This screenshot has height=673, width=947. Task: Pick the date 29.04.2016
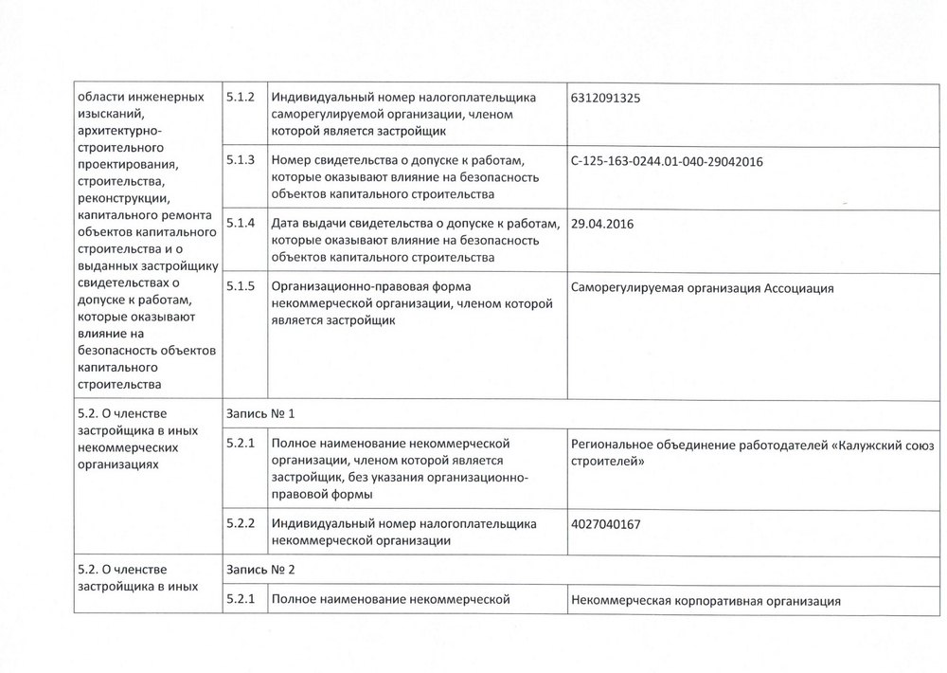(x=603, y=225)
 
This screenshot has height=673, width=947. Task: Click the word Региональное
(x=617, y=444)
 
